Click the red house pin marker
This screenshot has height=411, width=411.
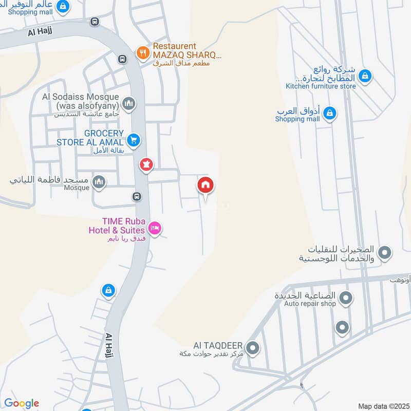206,185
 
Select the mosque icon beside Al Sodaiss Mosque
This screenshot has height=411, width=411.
128,103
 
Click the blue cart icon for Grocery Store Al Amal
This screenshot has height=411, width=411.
134,139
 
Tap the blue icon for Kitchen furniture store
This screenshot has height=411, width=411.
364,76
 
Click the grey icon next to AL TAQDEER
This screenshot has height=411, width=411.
252,349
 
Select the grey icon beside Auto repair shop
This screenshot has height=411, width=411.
346,297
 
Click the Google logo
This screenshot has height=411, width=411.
22,403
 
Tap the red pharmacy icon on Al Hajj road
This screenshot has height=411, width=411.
146,165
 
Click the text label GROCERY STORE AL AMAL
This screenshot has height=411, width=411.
90,138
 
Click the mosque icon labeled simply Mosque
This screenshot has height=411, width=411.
99,181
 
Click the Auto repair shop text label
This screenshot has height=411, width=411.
310,304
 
